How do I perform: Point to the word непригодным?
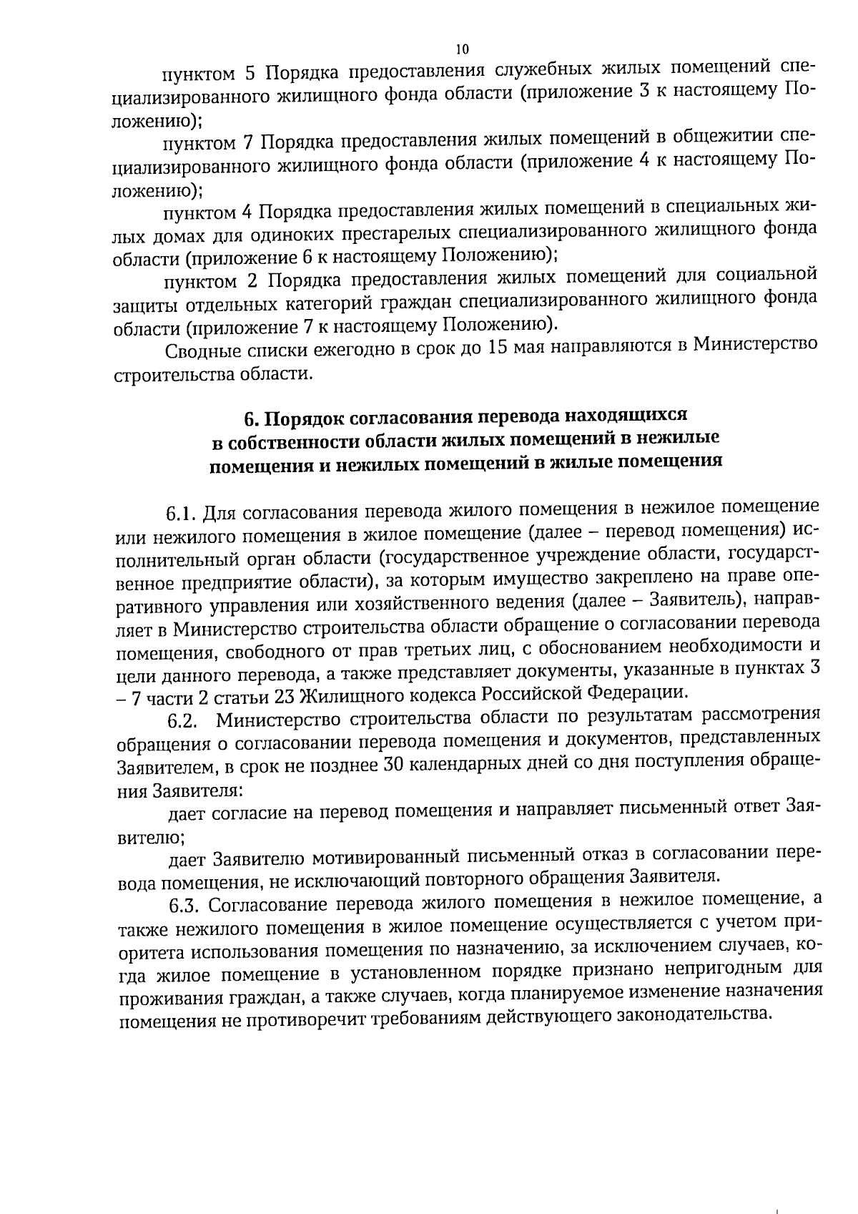pos(705,967)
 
